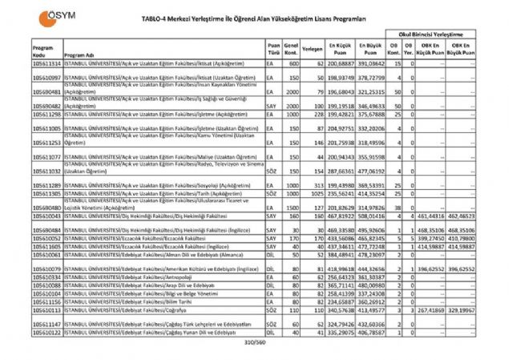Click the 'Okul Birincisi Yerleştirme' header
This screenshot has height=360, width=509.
pos(432,35)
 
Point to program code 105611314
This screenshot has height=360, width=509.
pos(46,63)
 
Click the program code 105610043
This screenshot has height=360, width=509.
pos(46,216)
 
